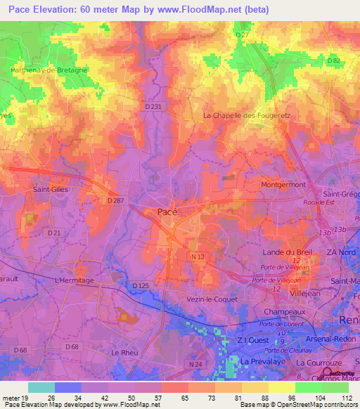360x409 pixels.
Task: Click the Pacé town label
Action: pyautogui.click(x=167, y=212)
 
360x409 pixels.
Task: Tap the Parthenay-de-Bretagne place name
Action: pyautogui.click(x=49, y=70)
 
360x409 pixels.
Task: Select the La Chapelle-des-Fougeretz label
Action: pyautogui.click(x=246, y=115)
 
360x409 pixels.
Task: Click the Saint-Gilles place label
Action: pyautogui.click(x=50, y=189)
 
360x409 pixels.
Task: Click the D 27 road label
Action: pyautogui.click(x=243, y=34)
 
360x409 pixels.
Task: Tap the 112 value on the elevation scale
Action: pyautogui.click(x=345, y=398)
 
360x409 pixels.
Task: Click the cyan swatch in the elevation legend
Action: pyautogui.click(x=41, y=387)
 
